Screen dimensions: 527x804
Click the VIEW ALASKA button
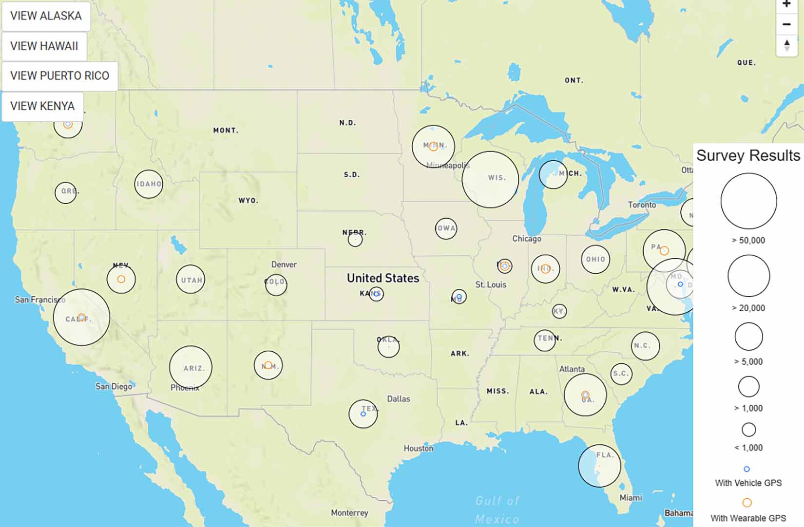(x=46, y=16)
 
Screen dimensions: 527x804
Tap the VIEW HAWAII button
(x=44, y=46)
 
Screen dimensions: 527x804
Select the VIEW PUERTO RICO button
(x=59, y=76)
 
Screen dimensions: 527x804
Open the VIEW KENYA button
(x=42, y=106)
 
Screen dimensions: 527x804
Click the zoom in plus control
(x=786, y=5)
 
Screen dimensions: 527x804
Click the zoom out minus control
(x=786, y=24)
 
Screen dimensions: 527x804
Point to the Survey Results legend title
(x=748, y=155)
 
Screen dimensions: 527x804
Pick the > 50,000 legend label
(x=748, y=240)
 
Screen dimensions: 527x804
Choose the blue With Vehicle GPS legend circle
(x=747, y=469)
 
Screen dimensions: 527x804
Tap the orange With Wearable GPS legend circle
(x=747, y=502)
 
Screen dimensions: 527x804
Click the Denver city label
(x=284, y=264)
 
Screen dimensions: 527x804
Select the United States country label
(x=383, y=278)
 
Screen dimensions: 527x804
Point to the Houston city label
(x=418, y=448)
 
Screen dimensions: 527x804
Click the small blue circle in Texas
(x=363, y=414)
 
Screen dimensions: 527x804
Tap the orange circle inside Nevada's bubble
(x=121, y=279)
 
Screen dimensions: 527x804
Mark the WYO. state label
(x=248, y=201)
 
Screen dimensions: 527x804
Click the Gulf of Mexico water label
(x=497, y=509)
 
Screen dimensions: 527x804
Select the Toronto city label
(x=642, y=205)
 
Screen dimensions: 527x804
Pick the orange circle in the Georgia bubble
(x=585, y=395)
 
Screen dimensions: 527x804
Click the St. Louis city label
(x=491, y=284)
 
